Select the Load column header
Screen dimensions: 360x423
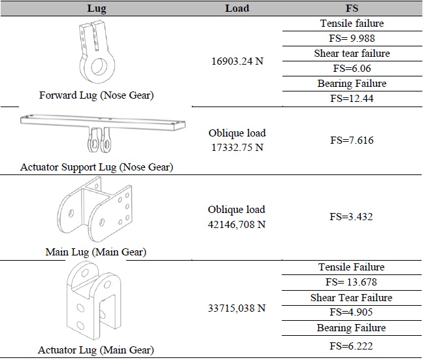(236, 8)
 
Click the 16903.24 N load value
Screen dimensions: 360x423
(236, 61)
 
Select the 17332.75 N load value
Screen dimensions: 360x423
(236, 148)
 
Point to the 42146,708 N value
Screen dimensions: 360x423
(236, 224)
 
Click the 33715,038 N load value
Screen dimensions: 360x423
(236, 304)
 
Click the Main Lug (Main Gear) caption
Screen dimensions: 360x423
(96, 252)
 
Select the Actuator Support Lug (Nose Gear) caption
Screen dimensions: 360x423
(96, 167)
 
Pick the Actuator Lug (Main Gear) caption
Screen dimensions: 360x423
(96, 349)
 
